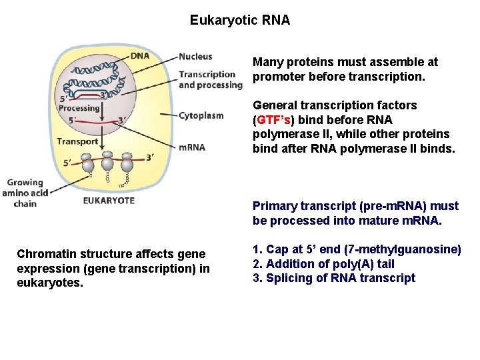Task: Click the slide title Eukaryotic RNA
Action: tap(240, 20)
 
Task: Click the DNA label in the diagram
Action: tap(140, 56)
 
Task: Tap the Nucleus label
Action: tap(195, 57)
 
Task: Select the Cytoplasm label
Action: tap(201, 115)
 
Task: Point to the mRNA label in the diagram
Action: tap(192, 147)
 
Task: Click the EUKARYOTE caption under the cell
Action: tap(109, 200)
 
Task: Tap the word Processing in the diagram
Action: tap(79, 108)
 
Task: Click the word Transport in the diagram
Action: tap(77, 141)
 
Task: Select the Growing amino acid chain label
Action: tap(25, 193)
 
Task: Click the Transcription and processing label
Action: tap(210, 79)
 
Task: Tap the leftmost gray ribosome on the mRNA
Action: tap(87, 162)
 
